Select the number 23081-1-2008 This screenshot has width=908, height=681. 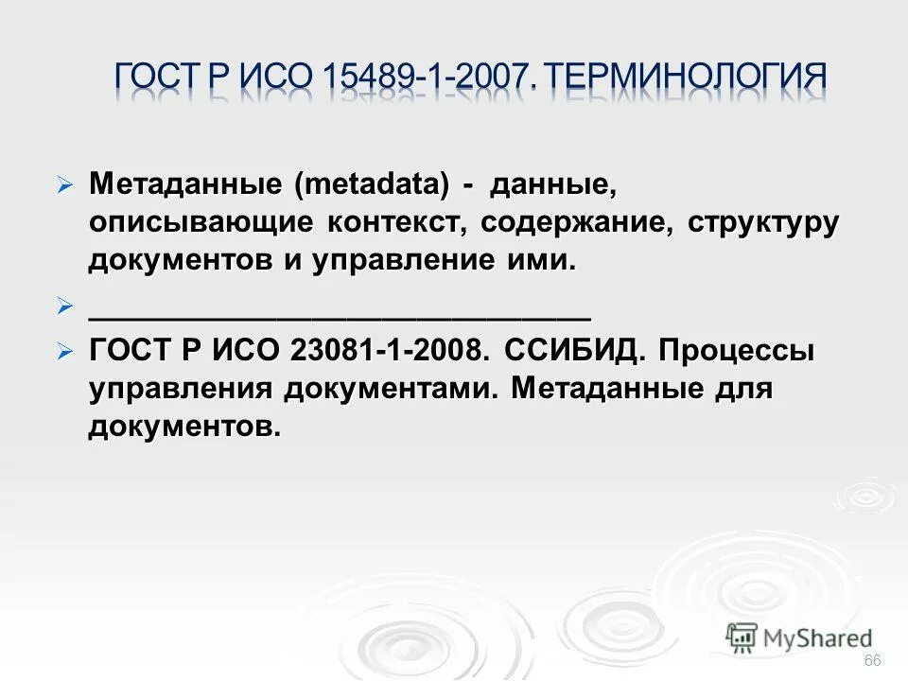(x=390, y=351)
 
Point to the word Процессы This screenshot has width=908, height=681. (x=737, y=351)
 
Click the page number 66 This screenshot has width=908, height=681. (x=872, y=660)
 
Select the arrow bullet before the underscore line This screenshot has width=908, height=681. (x=64, y=306)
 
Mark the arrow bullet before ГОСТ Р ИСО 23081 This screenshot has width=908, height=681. (x=64, y=352)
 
